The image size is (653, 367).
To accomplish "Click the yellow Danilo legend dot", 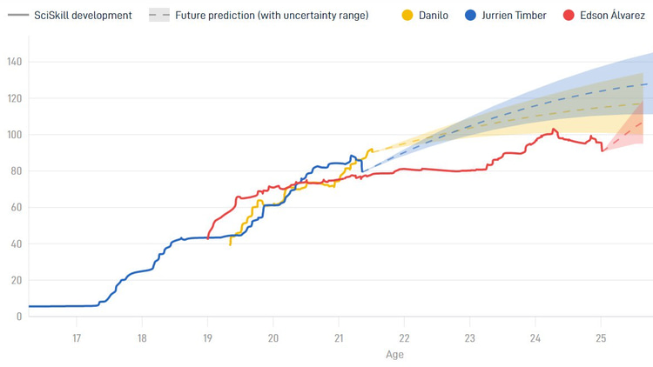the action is [x=407, y=16].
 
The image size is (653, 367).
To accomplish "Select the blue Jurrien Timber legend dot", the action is [x=470, y=16].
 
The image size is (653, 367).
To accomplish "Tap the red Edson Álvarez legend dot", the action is [x=569, y=16].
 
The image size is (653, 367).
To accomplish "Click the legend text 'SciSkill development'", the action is [x=83, y=16].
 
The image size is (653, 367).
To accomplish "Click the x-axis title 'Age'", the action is [x=394, y=355].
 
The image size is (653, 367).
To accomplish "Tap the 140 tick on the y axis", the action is [x=15, y=62].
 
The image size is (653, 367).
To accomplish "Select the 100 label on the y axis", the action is [x=15, y=135].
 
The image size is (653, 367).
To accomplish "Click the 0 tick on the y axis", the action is [x=19, y=317].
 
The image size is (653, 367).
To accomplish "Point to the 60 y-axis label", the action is [x=17, y=207].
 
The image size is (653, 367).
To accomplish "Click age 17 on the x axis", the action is [x=77, y=338].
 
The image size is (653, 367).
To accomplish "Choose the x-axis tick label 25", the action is [x=601, y=338].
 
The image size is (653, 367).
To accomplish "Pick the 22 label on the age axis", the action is [x=404, y=338].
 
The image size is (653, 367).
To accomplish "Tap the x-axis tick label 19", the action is [x=207, y=338].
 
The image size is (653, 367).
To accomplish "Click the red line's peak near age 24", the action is [x=554, y=129].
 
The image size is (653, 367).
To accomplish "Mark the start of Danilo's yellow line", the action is [x=231, y=245].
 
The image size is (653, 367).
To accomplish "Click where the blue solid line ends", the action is [x=362, y=171].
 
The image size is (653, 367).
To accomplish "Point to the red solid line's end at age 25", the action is [x=603, y=150].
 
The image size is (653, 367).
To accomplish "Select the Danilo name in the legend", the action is [x=434, y=16].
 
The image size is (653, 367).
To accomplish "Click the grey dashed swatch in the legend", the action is [x=159, y=16].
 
